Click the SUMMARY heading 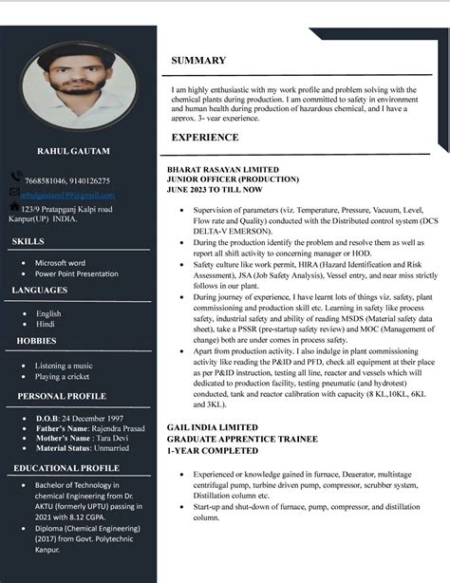(x=198, y=60)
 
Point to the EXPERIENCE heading (x=205, y=137)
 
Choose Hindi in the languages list (x=45, y=324)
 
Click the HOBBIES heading (x=37, y=340)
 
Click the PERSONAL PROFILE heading (x=62, y=396)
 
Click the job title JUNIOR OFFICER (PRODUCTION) (x=234, y=179)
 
